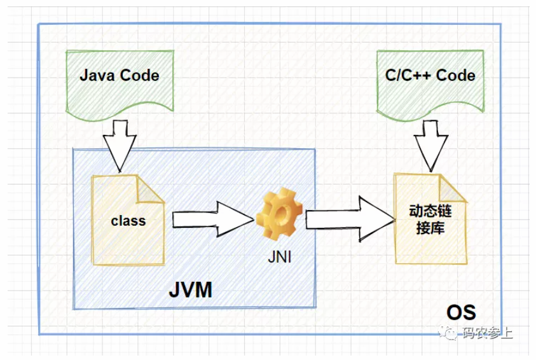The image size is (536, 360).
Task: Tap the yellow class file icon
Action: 128,220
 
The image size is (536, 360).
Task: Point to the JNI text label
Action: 280,258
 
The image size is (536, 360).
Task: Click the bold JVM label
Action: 191,290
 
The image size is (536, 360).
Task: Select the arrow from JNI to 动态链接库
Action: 350,219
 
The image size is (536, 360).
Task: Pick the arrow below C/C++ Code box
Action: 430,143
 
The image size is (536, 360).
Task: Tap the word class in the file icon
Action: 128,221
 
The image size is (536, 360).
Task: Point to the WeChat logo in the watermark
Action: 451,333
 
